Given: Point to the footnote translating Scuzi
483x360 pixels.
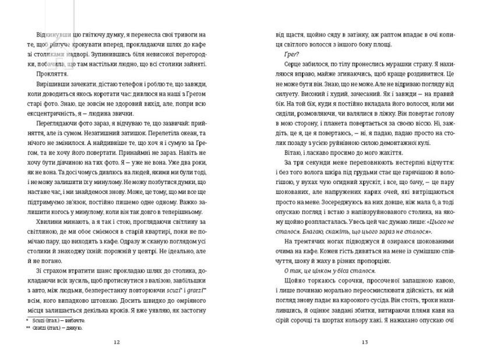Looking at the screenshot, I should pyautogui.click(x=58, y=320).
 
